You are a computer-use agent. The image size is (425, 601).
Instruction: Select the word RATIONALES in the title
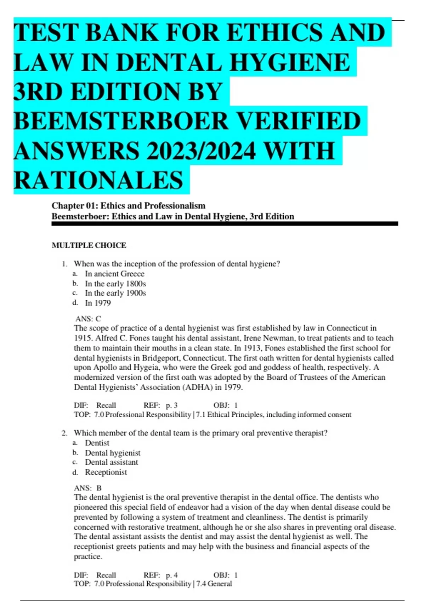point(98,180)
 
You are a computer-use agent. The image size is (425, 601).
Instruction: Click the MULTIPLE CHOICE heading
point(89,245)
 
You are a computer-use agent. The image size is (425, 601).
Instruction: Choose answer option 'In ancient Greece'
point(114,274)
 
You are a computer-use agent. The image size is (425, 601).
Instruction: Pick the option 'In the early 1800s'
point(115,284)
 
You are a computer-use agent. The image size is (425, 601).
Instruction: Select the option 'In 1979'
point(98,303)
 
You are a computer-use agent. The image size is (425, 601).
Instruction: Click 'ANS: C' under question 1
point(88,319)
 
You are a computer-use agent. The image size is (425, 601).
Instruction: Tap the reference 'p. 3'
point(171,405)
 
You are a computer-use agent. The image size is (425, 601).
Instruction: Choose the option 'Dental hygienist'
point(113,453)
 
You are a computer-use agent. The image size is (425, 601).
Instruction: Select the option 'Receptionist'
point(106,472)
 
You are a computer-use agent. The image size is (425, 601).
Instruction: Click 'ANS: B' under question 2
point(88,488)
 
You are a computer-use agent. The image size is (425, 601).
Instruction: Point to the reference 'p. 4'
point(171,575)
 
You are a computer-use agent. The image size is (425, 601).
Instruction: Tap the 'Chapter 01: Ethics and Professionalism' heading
point(129,206)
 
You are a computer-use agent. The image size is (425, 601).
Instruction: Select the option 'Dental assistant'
point(112,462)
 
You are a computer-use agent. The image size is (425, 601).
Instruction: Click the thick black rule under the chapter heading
point(225,223)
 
